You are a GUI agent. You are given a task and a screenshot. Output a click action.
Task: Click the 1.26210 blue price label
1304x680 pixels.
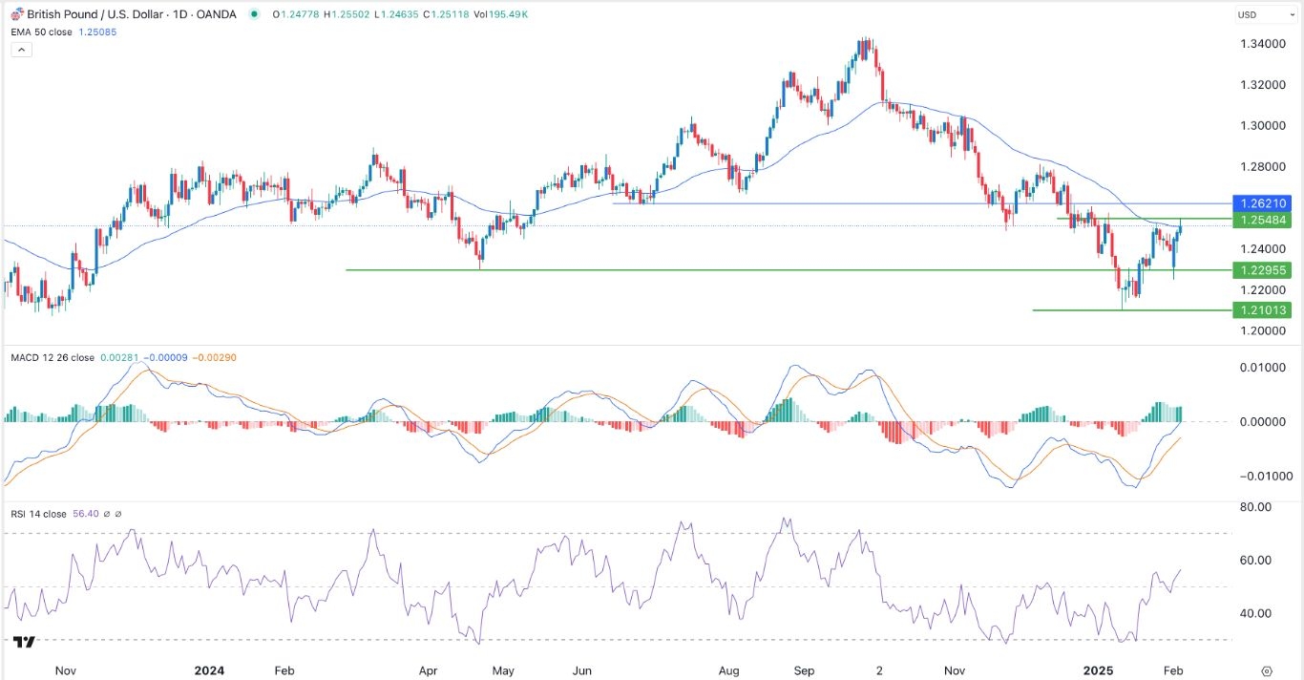click(1262, 203)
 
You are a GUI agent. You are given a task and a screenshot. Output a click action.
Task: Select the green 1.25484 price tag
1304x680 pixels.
click(1262, 220)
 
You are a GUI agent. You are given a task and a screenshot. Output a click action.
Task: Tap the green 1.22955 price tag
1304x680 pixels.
click(1262, 270)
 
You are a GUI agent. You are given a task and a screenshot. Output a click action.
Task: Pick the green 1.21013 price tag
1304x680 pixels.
click(1262, 309)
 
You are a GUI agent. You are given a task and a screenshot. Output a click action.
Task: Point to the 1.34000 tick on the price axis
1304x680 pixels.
click(1261, 44)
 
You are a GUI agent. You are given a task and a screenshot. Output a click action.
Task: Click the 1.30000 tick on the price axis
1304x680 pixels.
click(1261, 125)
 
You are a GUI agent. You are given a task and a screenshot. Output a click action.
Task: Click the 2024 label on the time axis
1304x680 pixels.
click(209, 670)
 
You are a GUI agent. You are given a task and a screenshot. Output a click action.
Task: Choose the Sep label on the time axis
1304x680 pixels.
click(805, 670)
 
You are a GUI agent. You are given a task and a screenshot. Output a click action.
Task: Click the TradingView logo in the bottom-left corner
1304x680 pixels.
click(26, 643)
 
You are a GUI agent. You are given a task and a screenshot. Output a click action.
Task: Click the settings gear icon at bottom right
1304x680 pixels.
click(1267, 670)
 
